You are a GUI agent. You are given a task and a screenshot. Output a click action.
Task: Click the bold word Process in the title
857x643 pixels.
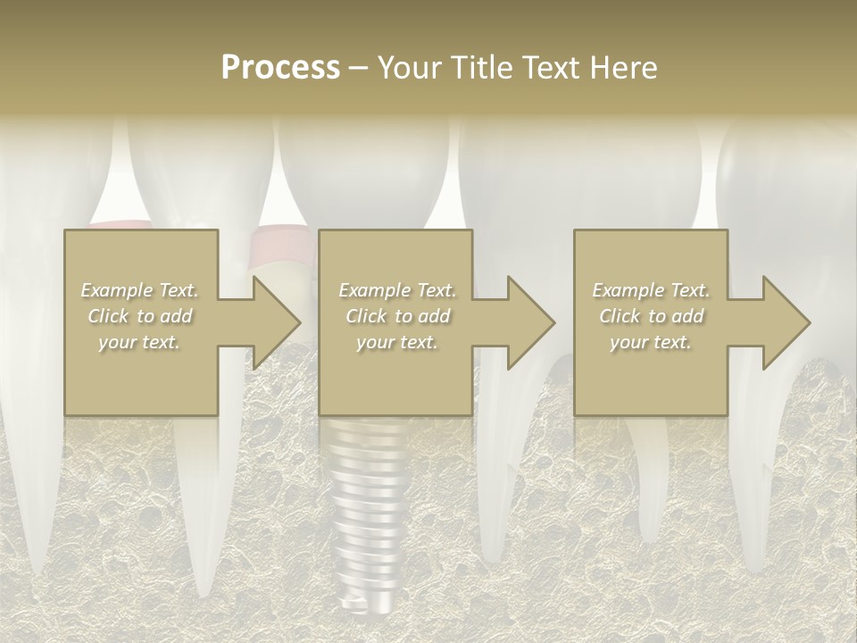280,68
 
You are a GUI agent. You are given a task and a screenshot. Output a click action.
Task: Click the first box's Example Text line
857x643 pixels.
140,290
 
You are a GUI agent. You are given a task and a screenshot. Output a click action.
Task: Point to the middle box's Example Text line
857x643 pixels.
397,290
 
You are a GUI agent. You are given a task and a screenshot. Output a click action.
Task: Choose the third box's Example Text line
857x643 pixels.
651,290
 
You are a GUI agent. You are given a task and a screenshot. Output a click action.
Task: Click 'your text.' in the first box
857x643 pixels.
140,342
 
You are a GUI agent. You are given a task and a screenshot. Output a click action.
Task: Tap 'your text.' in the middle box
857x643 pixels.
397,342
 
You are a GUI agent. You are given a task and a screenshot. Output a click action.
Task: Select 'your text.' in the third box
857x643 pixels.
651,342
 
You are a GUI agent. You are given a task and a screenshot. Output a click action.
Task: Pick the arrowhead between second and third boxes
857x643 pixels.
529,322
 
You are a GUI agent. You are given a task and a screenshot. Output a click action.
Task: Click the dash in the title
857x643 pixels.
359,68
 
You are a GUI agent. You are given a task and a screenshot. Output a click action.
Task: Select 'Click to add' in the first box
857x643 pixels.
140,316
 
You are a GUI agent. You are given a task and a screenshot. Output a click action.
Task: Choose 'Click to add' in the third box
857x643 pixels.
651,316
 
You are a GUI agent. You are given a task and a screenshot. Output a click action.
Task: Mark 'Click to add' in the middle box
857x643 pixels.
397,316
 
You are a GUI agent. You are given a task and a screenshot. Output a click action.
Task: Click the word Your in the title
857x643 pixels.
406,68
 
